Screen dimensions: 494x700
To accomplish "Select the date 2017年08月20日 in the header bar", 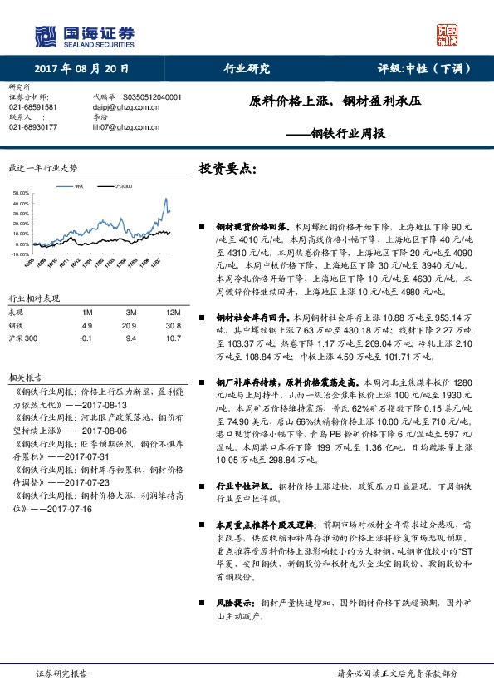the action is tap(82, 69).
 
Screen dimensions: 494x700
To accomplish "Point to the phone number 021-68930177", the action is tap(33, 126).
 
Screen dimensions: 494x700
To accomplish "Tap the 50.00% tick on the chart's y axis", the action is tap(22, 194).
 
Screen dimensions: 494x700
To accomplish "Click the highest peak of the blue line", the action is tap(165, 199).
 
